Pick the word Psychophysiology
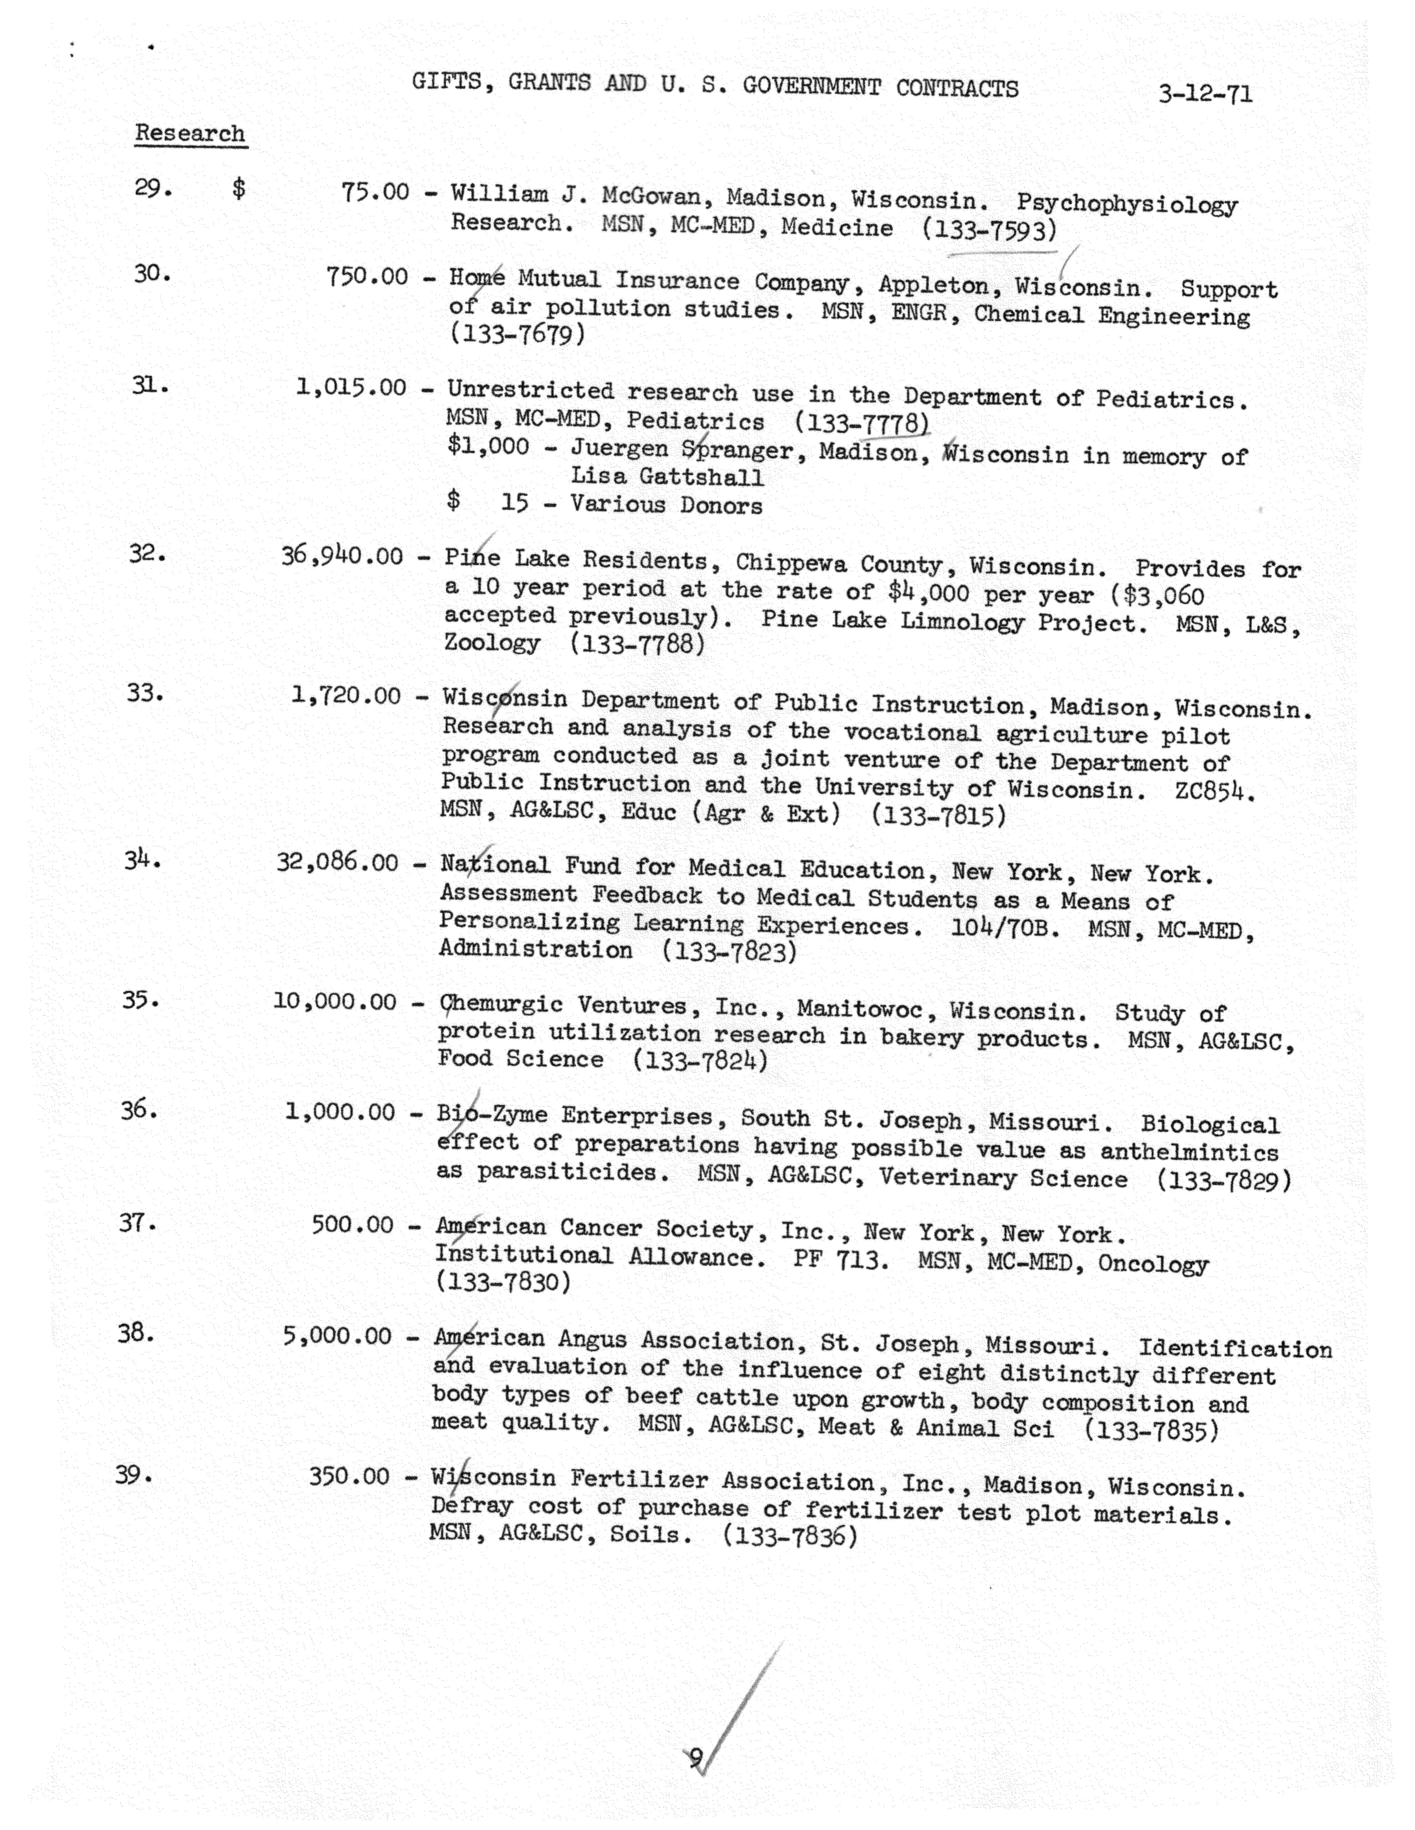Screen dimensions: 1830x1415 [x=1127, y=204]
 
